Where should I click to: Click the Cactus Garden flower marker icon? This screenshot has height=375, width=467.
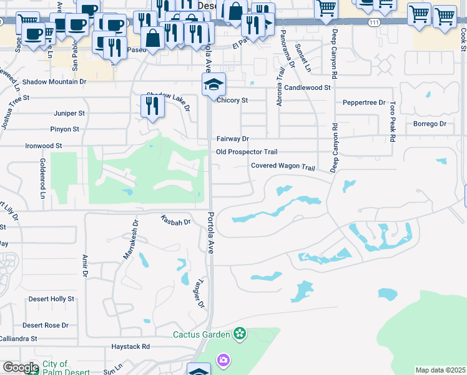pos(240,334)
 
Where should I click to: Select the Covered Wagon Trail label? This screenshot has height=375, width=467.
pos(283,166)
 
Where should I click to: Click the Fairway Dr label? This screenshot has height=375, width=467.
pos(232,139)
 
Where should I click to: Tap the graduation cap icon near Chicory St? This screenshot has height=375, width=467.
pos(214,84)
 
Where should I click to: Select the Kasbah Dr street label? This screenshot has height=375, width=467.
pos(175,220)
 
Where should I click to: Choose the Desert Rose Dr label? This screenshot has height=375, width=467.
pos(46,326)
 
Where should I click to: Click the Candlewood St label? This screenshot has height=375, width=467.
pos(307,88)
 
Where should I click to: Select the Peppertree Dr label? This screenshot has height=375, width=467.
pos(364,102)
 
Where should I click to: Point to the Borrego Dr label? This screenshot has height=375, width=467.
pos(430,124)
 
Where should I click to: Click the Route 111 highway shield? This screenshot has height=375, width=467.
pos(373,22)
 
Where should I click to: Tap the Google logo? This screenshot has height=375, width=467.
pos(21,367)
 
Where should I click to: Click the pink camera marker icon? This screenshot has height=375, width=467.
pos(223,360)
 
